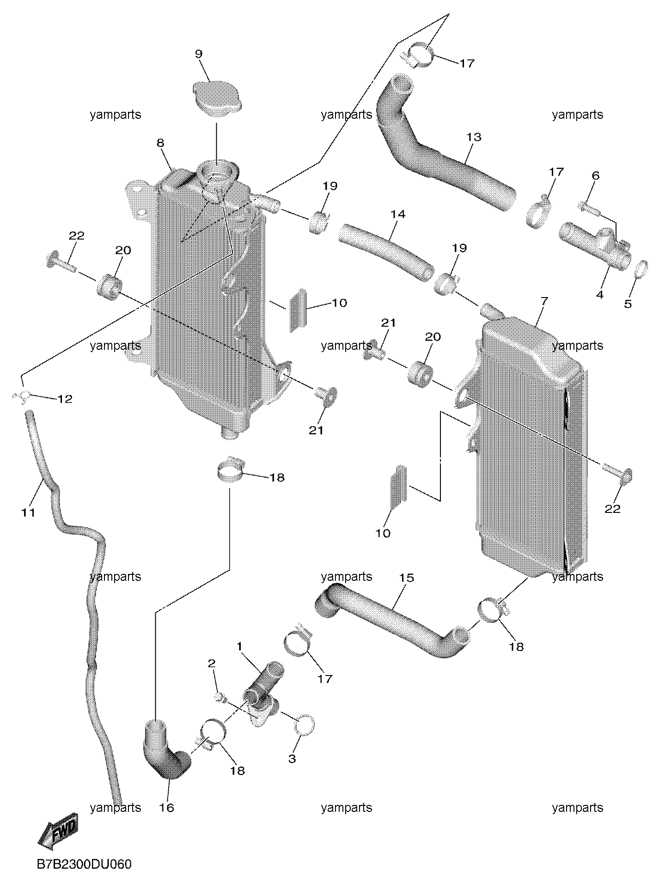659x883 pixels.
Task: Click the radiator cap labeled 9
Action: [x=216, y=97]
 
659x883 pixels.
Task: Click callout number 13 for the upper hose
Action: [x=474, y=137]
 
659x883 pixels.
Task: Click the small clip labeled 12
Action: [x=22, y=396]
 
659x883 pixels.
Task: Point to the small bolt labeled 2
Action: [x=220, y=698]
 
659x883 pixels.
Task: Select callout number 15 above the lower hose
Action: [x=407, y=578]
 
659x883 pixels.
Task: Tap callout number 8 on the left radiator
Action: [x=160, y=143]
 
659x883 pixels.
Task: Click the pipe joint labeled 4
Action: [x=595, y=245]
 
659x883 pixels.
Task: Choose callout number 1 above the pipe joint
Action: [x=240, y=646]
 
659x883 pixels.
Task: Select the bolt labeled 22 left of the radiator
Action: [x=60, y=261]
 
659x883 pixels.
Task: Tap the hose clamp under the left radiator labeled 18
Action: [x=229, y=470]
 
